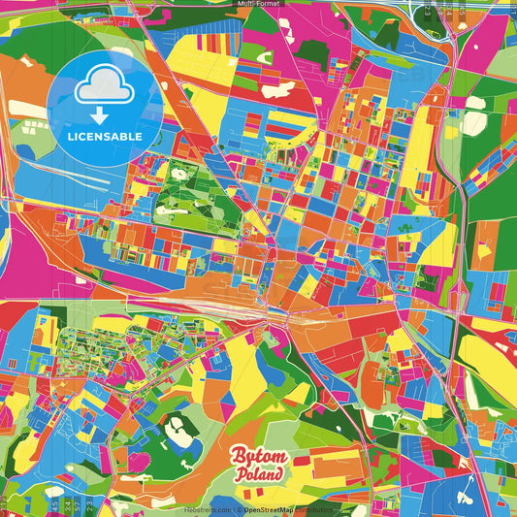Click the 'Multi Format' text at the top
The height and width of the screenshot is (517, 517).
tap(257, 4)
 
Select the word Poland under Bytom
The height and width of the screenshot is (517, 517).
tap(259, 476)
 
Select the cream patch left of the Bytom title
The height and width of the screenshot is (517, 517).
tap(178, 429)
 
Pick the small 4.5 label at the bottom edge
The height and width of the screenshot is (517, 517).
tap(52, 505)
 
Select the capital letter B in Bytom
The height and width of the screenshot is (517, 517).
tap(236, 458)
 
